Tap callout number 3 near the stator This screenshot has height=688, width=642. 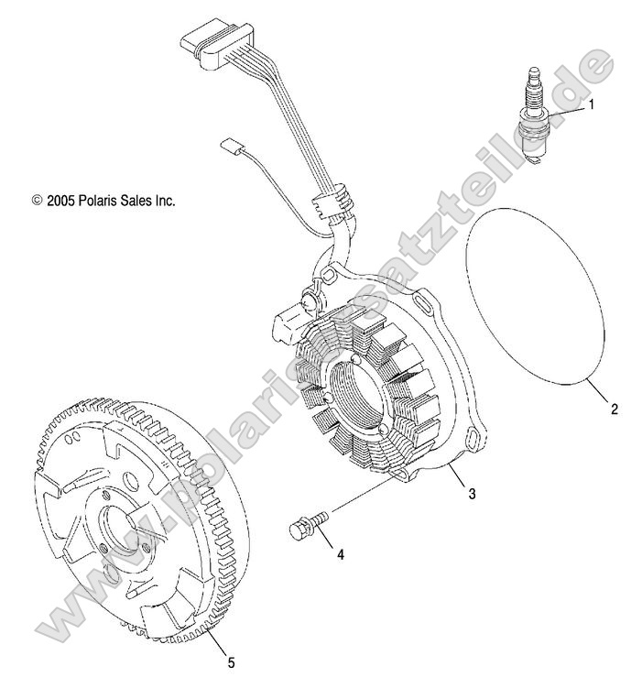coord(472,495)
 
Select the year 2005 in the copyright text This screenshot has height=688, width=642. coord(61,200)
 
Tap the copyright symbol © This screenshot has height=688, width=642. coord(37,200)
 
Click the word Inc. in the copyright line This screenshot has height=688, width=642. coord(163,200)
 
